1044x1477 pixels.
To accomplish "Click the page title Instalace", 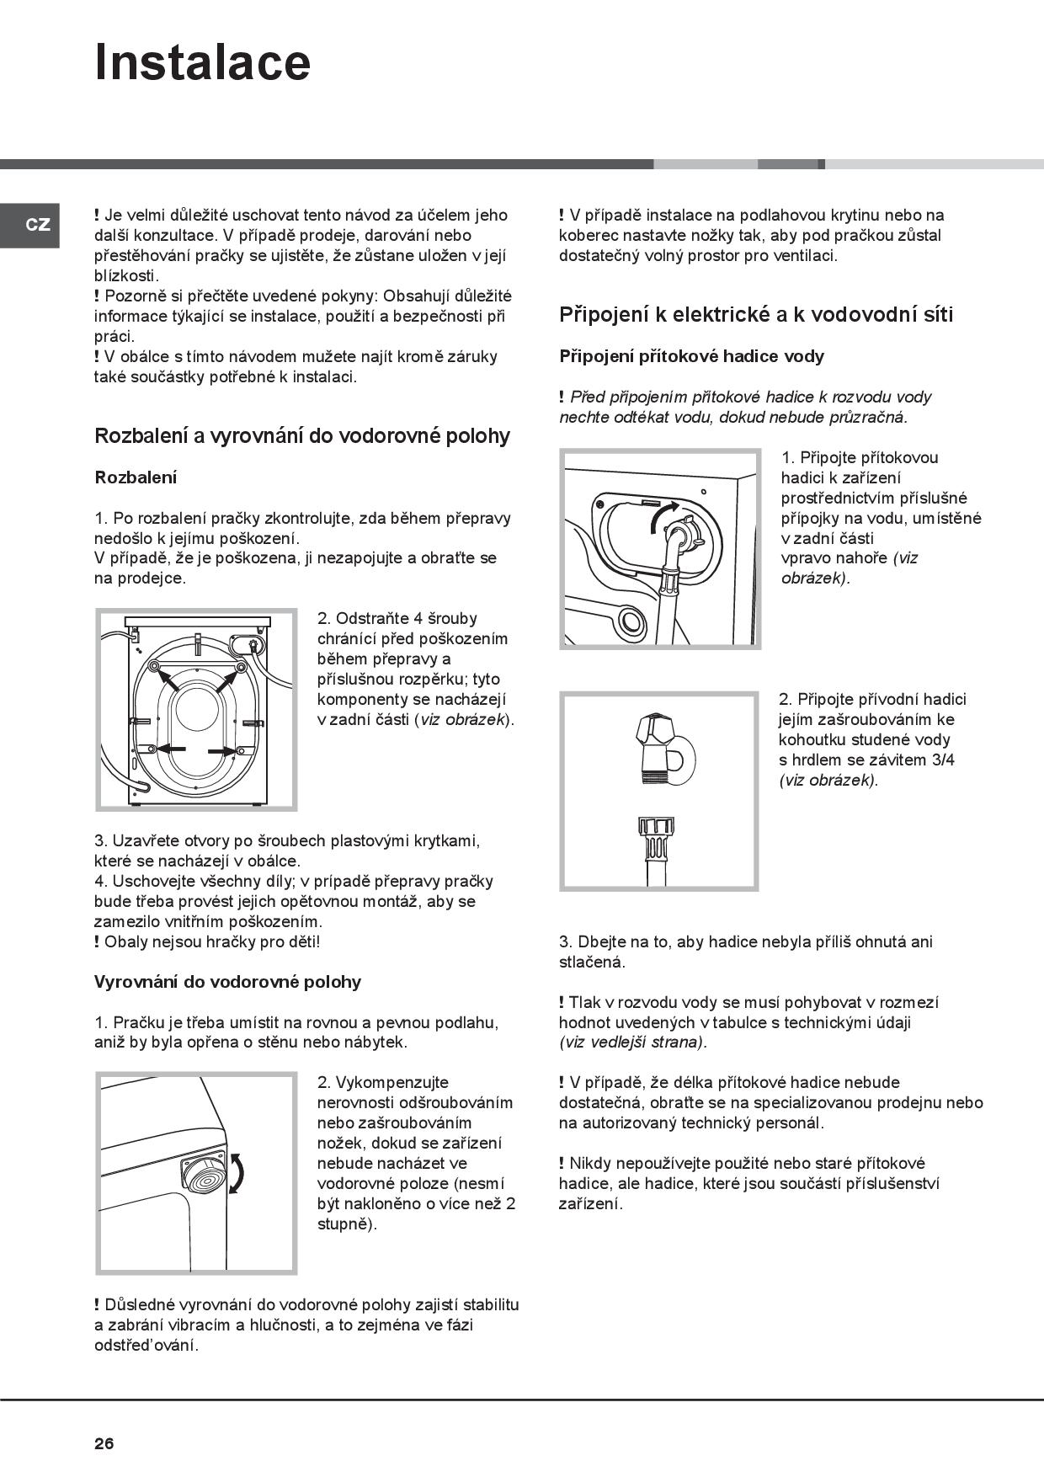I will tap(202, 62).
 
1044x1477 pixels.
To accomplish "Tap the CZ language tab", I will tap(38, 225).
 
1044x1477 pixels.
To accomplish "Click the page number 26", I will tap(104, 1443).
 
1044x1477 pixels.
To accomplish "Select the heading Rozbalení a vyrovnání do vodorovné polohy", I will tap(302, 436).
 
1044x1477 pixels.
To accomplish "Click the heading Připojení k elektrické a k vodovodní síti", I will tap(755, 315).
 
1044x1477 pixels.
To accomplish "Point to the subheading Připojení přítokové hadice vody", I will tap(691, 356).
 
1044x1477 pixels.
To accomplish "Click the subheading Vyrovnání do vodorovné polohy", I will tap(227, 982).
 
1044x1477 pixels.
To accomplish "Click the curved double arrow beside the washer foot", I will tap(238, 1173).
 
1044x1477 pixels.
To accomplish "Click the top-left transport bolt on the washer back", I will tap(154, 667).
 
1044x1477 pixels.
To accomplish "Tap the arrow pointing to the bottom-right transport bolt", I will tap(223, 750).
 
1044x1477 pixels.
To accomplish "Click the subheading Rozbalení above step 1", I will tap(136, 477).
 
